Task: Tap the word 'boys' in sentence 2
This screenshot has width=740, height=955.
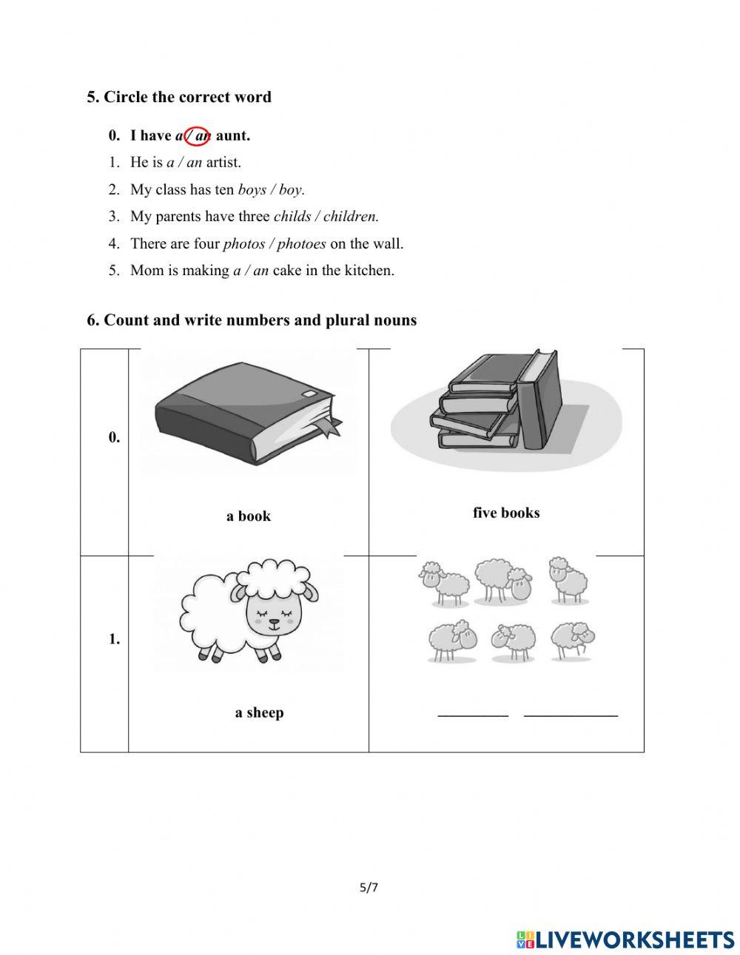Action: (x=252, y=189)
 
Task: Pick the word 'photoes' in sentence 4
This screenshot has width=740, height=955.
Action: (x=301, y=243)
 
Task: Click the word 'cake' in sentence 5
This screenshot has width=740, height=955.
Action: (x=287, y=271)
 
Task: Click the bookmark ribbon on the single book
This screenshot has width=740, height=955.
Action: (x=328, y=427)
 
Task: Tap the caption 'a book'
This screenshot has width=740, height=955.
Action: (x=249, y=516)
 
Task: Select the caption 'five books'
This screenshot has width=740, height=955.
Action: (x=506, y=513)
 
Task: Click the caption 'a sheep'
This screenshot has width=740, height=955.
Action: (x=259, y=712)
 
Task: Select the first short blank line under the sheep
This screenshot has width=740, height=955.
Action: (x=473, y=715)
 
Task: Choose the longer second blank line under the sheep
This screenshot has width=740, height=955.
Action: (x=571, y=715)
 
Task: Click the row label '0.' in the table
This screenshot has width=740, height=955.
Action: (x=114, y=437)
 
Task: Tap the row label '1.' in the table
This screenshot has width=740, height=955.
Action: (x=114, y=639)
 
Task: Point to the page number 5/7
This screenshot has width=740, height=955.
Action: (x=369, y=888)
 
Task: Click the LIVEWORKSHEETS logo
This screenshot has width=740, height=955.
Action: (x=625, y=939)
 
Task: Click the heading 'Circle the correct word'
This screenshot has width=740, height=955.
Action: (x=187, y=97)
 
